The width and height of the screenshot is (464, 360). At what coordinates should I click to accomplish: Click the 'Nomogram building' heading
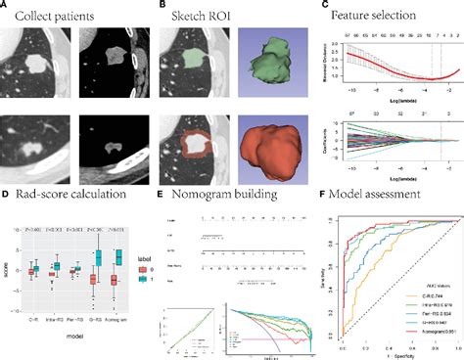click(x=231, y=194)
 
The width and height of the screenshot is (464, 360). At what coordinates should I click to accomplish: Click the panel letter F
click(x=312, y=194)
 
